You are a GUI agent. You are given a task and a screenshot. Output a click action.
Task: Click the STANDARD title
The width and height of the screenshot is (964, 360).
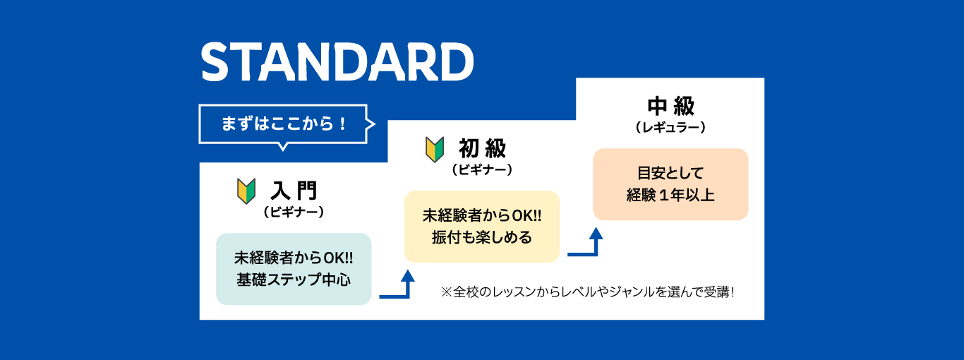coord(337,61)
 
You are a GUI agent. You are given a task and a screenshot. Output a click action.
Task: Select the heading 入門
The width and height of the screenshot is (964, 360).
coord(294,191)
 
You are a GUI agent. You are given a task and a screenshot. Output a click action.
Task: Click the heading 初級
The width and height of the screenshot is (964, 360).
coord(483,148)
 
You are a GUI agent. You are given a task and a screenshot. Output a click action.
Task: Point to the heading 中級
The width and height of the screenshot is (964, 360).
coord(671,107)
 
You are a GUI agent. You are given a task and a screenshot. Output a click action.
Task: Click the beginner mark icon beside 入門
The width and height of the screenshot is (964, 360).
coord(246,191)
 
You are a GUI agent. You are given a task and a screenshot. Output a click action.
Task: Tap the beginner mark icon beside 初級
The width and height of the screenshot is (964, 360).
coord(435,150)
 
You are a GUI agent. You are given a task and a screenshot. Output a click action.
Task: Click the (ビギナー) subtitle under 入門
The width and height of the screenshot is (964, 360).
coord(294,212)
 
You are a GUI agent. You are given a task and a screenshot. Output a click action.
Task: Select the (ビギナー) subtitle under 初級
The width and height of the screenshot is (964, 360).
coord(483,170)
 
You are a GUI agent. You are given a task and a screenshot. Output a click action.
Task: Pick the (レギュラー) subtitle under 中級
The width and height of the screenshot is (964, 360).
coord(671,128)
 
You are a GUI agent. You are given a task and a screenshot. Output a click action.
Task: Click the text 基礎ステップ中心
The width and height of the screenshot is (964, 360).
coord(294,280)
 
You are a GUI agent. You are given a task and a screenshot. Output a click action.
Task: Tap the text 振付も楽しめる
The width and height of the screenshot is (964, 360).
coord(482,237)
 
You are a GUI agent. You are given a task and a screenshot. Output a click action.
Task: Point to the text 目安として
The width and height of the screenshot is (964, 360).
coord(670,173)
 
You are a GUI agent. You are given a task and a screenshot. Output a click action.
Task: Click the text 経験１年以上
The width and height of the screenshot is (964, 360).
coord(670,196)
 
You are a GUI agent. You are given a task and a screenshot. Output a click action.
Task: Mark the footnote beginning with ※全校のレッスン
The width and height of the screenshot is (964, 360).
coord(588,292)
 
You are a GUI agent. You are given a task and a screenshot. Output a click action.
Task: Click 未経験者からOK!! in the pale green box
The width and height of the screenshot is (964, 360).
coord(294,258)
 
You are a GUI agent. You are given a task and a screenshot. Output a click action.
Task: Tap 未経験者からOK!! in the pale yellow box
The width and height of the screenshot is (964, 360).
coord(482,216)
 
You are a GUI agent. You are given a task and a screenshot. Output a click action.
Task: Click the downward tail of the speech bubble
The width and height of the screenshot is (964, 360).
coord(283,147)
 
